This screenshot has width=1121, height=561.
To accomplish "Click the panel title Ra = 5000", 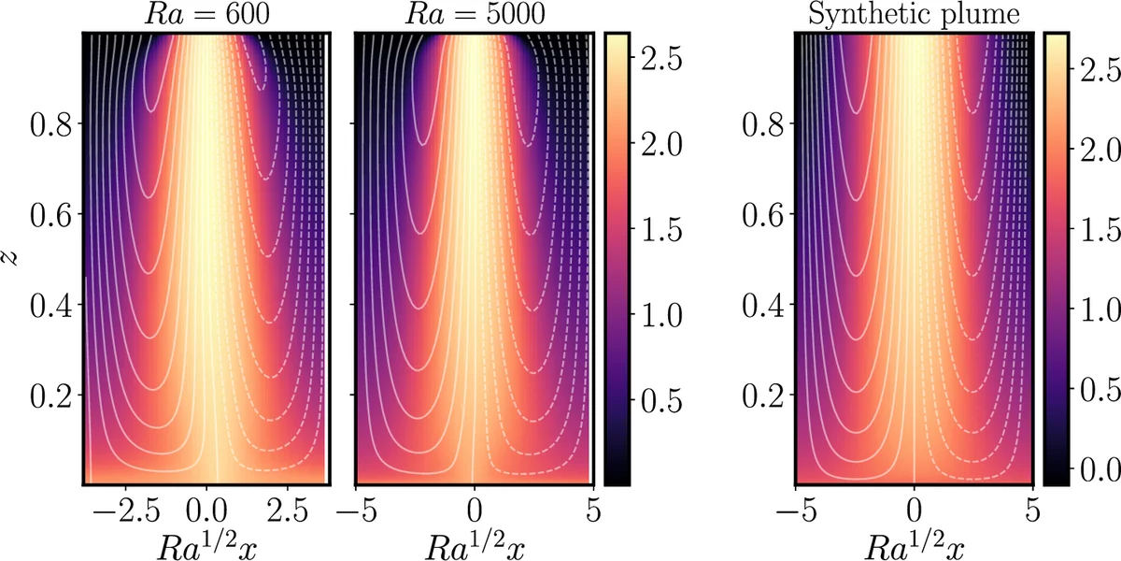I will [x=475, y=14].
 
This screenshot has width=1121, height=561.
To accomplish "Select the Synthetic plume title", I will [x=914, y=14].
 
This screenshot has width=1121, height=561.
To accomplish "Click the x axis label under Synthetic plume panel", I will [x=914, y=543].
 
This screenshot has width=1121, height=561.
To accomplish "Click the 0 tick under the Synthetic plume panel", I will [x=914, y=512].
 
